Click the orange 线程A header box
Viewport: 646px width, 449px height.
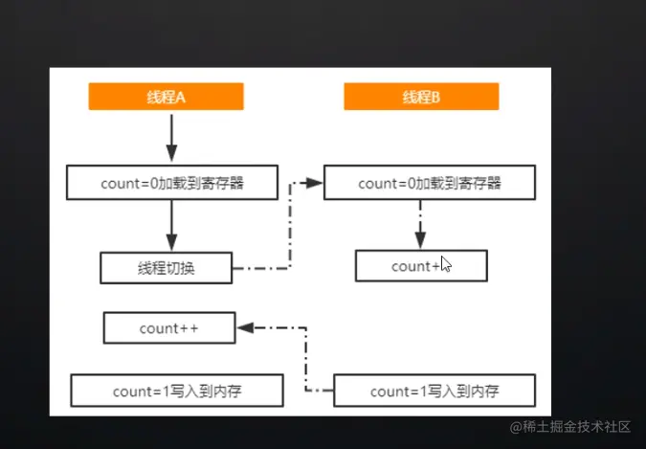click(166, 97)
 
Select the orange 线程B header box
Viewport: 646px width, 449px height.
click(421, 97)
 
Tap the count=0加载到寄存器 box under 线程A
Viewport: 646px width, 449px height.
click(172, 181)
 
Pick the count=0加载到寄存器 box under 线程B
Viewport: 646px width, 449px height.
click(428, 182)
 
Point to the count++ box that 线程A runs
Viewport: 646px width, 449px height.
click(170, 328)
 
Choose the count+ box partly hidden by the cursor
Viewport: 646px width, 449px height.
click(420, 266)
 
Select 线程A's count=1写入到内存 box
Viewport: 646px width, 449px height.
click(178, 391)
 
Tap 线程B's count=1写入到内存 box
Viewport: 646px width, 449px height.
click(434, 391)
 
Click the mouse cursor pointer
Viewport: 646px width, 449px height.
click(445, 264)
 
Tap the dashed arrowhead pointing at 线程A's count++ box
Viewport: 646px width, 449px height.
click(246, 327)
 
